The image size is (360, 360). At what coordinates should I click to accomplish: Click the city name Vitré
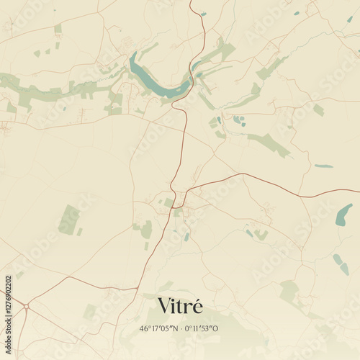tap(180, 306)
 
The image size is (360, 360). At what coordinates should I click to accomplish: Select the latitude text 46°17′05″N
tap(158, 328)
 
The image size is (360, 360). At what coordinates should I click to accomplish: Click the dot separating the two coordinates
tap(180, 328)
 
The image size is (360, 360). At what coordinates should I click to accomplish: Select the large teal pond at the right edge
tap(344, 215)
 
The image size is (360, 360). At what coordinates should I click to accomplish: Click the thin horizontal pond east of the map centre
tap(323, 166)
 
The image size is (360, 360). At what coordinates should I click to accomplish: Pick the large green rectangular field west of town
tap(69, 219)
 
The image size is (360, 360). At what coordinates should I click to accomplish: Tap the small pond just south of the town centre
tap(186, 236)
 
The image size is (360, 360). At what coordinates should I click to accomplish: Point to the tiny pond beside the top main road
tap(203, 14)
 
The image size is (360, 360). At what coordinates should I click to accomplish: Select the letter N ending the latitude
tap(174, 328)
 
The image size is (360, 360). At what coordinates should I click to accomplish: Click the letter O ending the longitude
tap(215, 328)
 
